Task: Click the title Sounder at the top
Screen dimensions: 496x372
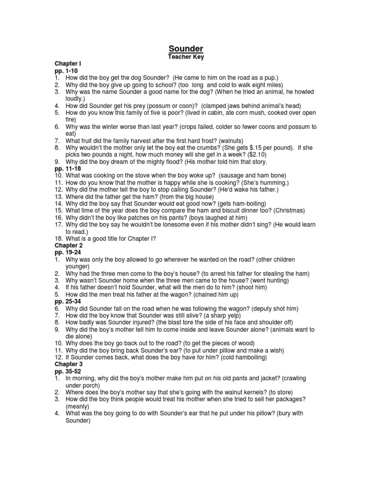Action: tap(186, 48)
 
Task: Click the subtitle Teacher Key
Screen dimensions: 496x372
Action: tap(186, 57)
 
